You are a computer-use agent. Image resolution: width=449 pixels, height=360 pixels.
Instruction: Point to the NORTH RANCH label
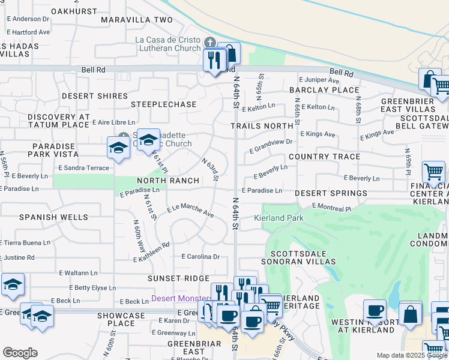click(168, 181)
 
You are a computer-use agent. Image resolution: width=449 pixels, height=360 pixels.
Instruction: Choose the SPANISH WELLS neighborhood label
click(53, 217)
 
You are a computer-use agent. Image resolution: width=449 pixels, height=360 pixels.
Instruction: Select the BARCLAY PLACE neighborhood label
click(324, 90)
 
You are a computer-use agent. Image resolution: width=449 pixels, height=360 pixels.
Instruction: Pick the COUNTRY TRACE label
click(324, 157)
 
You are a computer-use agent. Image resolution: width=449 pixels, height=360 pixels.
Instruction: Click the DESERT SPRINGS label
click(331, 193)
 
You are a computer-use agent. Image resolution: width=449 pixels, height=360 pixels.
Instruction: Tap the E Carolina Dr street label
click(200, 256)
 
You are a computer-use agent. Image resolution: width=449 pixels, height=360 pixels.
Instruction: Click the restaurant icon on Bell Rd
click(214, 59)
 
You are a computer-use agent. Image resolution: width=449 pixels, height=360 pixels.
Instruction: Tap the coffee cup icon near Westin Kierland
click(375, 311)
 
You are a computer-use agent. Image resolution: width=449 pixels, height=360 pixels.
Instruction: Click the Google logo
click(20, 353)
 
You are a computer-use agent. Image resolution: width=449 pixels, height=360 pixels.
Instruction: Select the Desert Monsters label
click(181, 298)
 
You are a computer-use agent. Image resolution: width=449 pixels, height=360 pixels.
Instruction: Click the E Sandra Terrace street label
click(83, 168)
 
